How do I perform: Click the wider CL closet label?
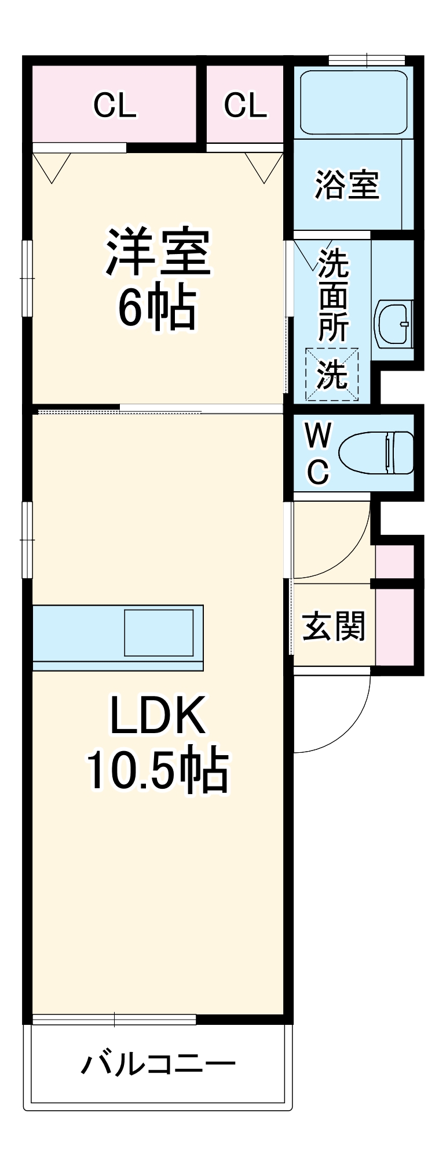point(115,105)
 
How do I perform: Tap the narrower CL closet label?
point(245,105)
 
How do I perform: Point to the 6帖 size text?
point(156,308)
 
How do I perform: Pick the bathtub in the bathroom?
point(353,103)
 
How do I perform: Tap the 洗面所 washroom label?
point(333,295)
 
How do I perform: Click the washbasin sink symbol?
point(394,324)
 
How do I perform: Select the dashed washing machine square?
point(332,374)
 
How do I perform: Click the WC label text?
point(318,453)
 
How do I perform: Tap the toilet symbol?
point(376,453)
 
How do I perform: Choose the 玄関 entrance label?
point(334,626)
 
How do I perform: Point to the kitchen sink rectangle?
point(159,632)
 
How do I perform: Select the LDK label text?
point(158,716)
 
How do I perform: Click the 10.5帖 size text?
point(158,771)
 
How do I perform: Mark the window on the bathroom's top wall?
point(367,60)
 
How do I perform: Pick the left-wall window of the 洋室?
point(27,278)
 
